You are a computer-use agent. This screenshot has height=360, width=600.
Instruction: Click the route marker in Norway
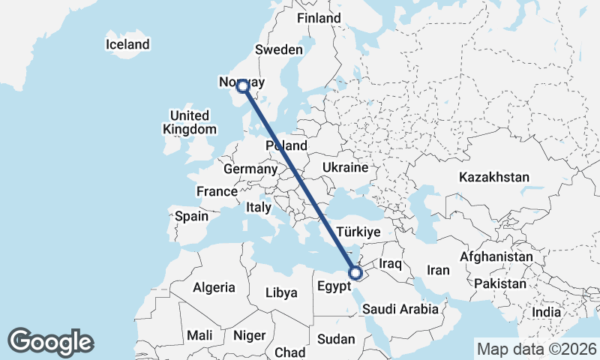tap(243, 87)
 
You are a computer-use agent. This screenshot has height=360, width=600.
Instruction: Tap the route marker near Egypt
tap(357, 273)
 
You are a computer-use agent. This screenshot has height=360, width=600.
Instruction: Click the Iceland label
tap(128, 45)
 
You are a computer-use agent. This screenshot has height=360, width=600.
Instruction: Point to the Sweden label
tap(279, 49)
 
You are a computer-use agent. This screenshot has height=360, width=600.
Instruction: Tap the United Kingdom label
tap(190, 122)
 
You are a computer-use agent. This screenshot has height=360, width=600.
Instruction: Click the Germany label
tap(250, 169)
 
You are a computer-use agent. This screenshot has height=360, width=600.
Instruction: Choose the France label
tap(217, 191)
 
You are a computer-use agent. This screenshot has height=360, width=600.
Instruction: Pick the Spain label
tap(191, 216)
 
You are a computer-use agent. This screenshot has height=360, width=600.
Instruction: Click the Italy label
tap(259, 206)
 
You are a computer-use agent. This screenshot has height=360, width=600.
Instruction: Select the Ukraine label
tap(345, 167)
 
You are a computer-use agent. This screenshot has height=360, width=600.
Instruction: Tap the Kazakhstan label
tap(494, 178)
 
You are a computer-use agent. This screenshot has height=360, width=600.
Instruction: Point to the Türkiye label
tap(359, 232)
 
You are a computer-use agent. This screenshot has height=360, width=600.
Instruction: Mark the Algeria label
tap(214, 287)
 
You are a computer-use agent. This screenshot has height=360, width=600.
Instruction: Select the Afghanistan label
tap(496, 256)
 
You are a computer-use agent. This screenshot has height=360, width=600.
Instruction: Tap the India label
tap(546, 312)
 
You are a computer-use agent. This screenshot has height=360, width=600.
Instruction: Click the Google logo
tap(50, 341)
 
